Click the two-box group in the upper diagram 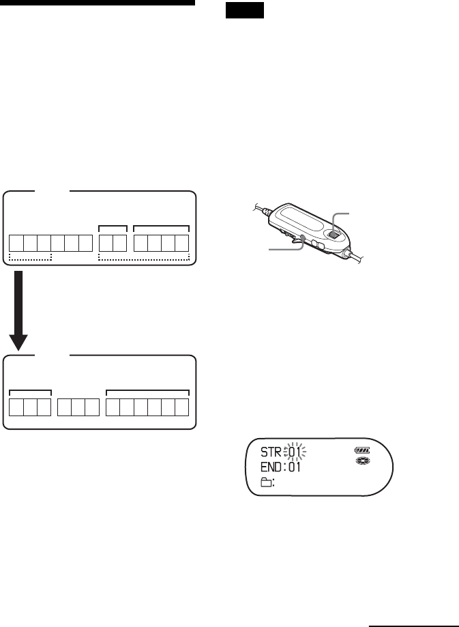coord(113,244)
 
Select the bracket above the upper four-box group coord(161,225)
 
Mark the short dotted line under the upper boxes coord(31,259)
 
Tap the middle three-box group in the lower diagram coord(78,408)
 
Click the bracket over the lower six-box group coord(147,392)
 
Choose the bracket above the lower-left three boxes coord(31,392)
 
